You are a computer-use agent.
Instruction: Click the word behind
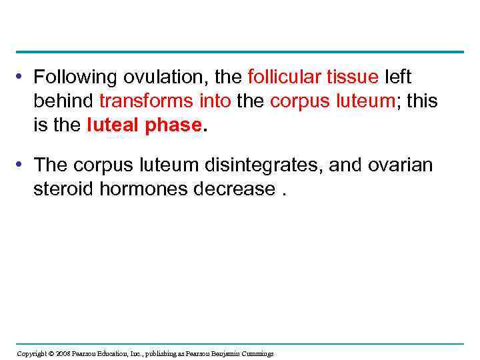tap(63, 101)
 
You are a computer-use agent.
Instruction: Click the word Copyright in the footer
tap(31, 353)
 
